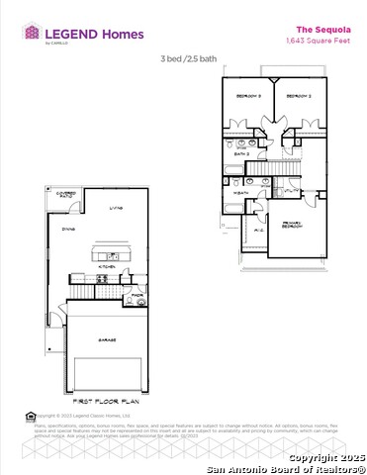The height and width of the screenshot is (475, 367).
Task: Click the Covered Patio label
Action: coord(66,195)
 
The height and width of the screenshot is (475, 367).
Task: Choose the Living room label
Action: coord(115,209)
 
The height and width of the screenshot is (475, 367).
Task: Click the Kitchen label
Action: coord(111,267)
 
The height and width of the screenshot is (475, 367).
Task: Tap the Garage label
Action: coord(106,339)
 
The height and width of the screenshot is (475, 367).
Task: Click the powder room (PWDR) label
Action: coord(137,294)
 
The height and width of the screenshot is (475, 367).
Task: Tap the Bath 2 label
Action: coord(240,154)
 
